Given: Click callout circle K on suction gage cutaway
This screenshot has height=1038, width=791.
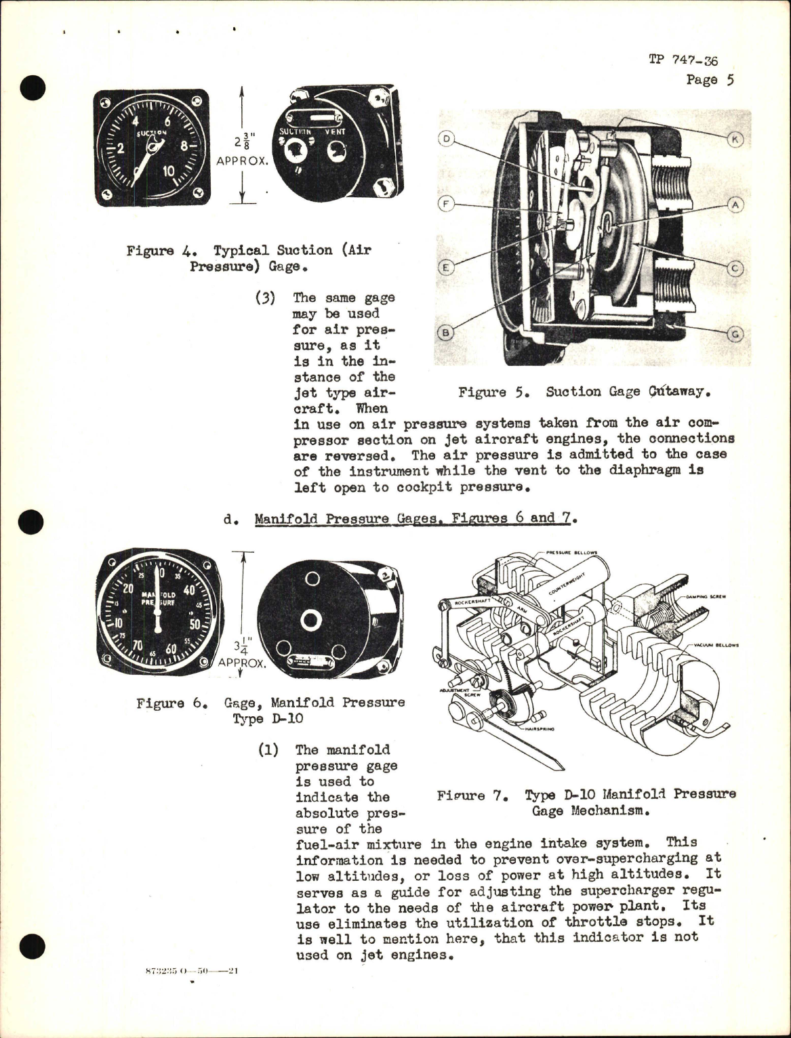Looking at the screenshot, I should click(x=736, y=140).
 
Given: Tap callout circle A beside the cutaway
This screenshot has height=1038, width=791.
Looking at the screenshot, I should click(x=735, y=204).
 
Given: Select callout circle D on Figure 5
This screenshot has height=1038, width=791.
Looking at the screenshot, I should click(x=446, y=140).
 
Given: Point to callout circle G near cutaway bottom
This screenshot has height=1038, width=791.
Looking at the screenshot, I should click(x=736, y=333).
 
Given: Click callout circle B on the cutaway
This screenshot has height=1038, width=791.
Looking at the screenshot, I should click(x=446, y=333).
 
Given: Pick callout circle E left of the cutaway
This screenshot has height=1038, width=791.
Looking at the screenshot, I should click(x=446, y=268).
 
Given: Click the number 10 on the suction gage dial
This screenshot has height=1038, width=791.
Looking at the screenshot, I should click(x=165, y=171).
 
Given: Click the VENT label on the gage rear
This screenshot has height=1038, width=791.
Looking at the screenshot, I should click(x=334, y=132).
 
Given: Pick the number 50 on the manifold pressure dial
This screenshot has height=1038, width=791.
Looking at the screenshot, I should click(x=195, y=624).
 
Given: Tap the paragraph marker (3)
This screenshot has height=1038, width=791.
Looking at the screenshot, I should click(x=265, y=298).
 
